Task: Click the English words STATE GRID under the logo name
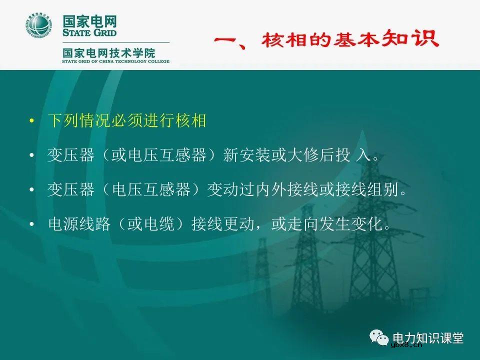tap(89, 33)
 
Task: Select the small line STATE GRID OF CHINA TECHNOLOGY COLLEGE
tap(115, 61)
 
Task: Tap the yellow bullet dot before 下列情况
tap(32, 121)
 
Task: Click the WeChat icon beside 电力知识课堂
tap(381, 339)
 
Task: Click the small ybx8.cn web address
tap(406, 345)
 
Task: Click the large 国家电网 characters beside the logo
tap(89, 22)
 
